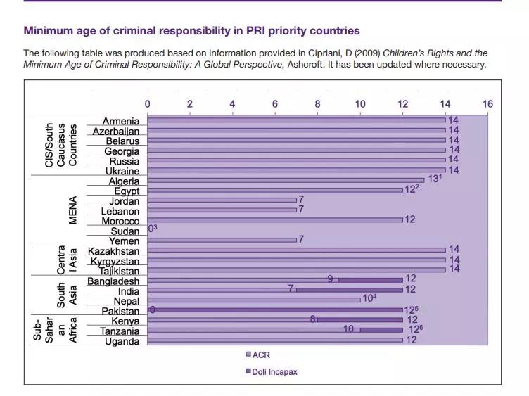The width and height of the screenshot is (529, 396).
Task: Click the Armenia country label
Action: [x=120, y=122]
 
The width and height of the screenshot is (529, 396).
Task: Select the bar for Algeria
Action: [x=286, y=181]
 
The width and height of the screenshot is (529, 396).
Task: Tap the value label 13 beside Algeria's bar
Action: [x=433, y=180]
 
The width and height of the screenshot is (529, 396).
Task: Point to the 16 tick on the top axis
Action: [x=487, y=104]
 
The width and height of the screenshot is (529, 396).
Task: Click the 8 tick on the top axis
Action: [x=317, y=104]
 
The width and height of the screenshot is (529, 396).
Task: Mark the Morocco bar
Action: [x=274, y=220]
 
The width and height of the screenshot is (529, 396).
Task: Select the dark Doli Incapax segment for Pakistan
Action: [x=274, y=310]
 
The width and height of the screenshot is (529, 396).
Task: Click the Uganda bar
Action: [x=274, y=341]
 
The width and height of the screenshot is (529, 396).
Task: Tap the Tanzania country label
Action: [x=120, y=331]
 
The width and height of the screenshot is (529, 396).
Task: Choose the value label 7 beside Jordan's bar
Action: [x=301, y=200]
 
